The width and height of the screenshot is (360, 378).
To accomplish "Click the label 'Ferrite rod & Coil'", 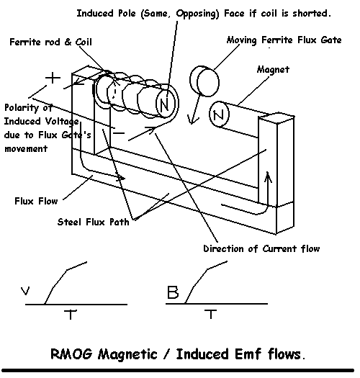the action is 50,42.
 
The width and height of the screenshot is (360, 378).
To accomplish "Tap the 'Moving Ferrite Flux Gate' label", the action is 284,40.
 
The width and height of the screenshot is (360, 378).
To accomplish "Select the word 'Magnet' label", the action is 273,69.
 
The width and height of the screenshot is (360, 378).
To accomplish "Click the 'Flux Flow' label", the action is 36,201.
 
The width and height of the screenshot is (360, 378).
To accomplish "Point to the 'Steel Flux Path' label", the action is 94,222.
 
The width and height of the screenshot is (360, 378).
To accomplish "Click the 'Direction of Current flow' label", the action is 261,248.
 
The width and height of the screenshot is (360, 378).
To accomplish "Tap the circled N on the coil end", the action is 165,104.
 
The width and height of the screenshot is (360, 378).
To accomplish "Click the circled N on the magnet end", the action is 219,114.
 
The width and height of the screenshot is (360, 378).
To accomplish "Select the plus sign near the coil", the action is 53,78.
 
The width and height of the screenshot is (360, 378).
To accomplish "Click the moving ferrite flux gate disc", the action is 204,81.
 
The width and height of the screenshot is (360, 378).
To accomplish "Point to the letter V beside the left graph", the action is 25,291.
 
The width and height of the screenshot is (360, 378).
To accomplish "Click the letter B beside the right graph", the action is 173,292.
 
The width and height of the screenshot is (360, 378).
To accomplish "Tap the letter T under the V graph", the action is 71,315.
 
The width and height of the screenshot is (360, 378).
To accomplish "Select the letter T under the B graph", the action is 211,314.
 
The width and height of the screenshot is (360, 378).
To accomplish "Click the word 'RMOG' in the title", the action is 71,354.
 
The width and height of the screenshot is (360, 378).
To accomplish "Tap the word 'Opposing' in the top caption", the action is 197,14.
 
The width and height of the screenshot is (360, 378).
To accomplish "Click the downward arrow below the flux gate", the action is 195,108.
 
